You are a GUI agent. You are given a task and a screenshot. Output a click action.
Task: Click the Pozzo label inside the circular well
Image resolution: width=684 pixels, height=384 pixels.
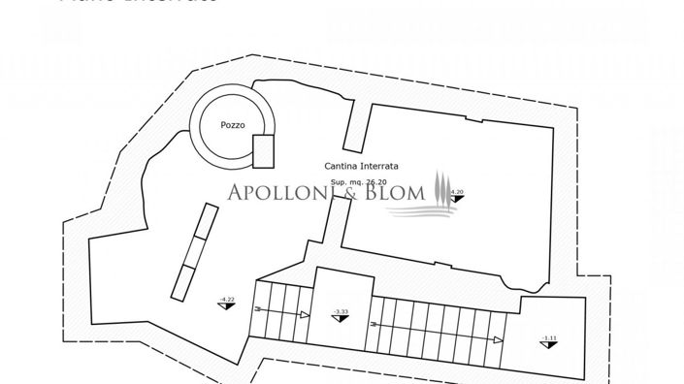point(232,126)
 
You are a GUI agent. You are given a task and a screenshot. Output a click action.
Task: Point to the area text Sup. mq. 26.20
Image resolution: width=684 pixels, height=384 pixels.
point(359,181)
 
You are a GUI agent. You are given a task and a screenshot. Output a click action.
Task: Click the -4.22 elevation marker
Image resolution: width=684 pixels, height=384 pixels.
point(227,303)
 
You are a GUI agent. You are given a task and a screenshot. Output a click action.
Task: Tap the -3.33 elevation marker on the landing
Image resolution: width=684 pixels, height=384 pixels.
point(340,315)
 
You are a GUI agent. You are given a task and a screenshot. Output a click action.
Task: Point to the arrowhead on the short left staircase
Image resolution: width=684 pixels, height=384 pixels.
point(304,315)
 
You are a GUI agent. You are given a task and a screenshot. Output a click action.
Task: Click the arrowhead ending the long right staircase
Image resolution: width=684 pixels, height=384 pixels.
point(497,339)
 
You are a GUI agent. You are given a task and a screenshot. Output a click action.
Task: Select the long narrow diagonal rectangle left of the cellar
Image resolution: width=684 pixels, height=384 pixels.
point(193,252)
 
